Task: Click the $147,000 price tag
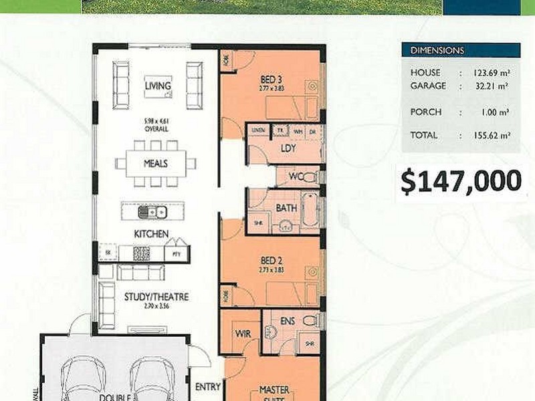click(460, 181)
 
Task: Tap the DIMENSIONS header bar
click(461, 51)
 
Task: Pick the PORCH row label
click(426, 112)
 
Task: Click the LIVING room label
click(158, 86)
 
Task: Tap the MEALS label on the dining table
click(155, 163)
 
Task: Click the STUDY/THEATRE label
click(156, 297)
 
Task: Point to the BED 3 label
click(271, 80)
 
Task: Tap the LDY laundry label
click(288, 148)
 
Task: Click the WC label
click(295, 177)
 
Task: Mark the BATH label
click(286, 208)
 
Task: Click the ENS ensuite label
click(288, 320)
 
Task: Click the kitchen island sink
click(153, 212)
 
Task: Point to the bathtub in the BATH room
click(310, 210)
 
